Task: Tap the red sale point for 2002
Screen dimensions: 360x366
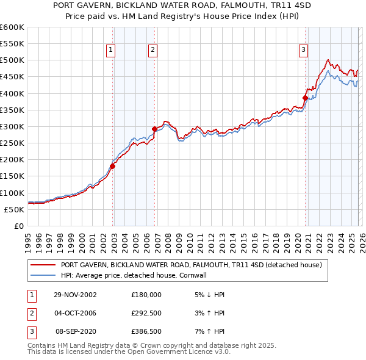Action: pos(113,166)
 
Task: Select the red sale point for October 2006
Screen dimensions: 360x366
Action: pos(154,129)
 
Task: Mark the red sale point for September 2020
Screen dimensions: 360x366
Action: pos(305,98)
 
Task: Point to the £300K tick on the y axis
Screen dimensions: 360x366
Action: pos(12,126)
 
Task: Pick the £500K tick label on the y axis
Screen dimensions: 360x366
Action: pos(12,60)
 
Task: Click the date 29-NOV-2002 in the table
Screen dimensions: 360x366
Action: pos(75,294)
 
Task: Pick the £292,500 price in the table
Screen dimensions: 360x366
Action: pos(146,313)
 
